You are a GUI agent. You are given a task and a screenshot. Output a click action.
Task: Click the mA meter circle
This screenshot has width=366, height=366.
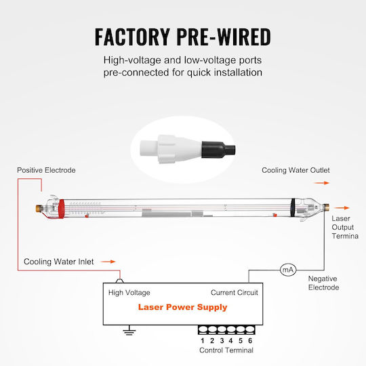pyautogui.click(x=288, y=270)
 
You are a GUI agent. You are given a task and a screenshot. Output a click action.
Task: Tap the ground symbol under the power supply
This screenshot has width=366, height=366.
pyautogui.click(x=129, y=330)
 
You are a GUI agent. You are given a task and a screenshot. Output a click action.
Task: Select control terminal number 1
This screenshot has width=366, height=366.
pyautogui.click(x=203, y=329)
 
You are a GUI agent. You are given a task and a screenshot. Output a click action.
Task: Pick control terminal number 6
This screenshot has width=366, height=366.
pyautogui.click(x=250, y=329)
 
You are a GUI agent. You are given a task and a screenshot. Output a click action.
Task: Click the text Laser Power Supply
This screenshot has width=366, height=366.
pyautogui.click(x=182, y=307)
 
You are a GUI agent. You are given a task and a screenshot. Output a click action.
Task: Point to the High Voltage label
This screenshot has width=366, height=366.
pyautogui.click(x=129, y=293)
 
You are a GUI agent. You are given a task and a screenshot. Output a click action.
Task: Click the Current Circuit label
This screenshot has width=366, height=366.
pyautogui.click(x=235, y=293)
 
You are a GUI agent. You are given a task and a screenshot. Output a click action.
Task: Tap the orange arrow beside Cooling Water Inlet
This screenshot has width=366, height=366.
pyautogui.click(x=108, y=262)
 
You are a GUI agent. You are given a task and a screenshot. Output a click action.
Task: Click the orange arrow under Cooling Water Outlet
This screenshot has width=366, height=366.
pyautogui.click(x=322, y=183)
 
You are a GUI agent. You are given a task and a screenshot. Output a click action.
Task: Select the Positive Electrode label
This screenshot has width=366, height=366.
pyautogui.click(x=46, y=170)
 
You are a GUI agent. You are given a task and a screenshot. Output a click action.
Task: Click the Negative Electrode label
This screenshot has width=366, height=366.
pyautogui.click(x=323, y=283)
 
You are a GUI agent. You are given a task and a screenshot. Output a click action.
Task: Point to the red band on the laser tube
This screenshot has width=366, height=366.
pyautogui.click(x=62, y=209)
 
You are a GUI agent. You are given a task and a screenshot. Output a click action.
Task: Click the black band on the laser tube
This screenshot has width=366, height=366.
pyautogui.click(x=293, y=208)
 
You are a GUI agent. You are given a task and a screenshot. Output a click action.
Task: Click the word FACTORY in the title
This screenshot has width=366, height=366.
pyautogui.click(x=132, y=37)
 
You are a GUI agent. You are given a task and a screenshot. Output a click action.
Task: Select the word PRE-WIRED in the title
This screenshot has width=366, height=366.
pyautogui.click(x=224, y=37)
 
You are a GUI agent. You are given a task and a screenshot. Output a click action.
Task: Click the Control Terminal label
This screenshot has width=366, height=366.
pyautogui.click(x=226, y=350)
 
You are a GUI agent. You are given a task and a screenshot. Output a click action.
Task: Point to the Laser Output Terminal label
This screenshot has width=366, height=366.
pyautogui.click(x=345, y=227)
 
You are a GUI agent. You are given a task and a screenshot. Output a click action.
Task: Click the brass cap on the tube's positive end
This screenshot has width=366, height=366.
pyautogui.click(x=39, y=208)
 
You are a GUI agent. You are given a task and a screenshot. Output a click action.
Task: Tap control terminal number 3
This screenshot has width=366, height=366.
pyautogui.click(x=222, y=329)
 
